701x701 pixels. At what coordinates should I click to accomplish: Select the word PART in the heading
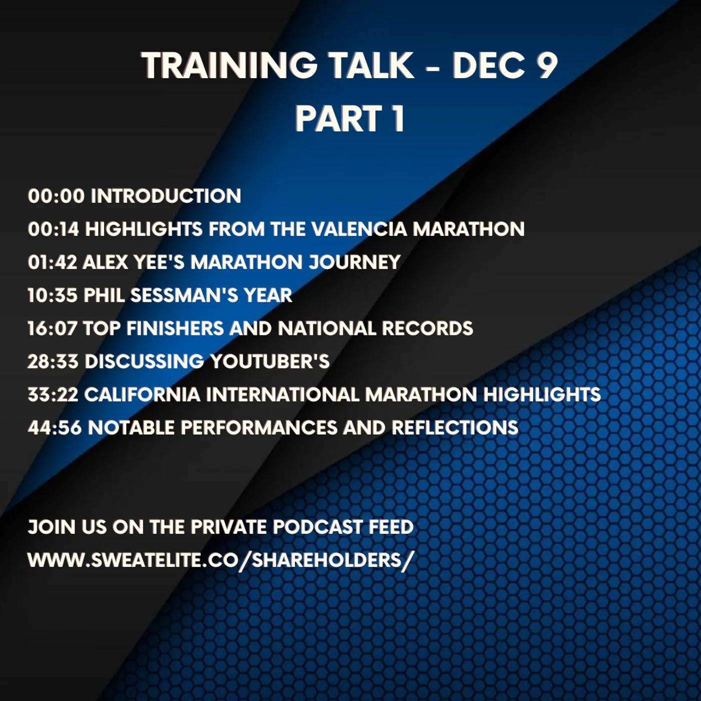tap(338, 119)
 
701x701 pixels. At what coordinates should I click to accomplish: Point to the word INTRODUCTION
tap(166, 196)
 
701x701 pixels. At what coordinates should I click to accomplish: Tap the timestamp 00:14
tap(54, 229)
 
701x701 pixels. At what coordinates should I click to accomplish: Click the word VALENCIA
tap(360, 229)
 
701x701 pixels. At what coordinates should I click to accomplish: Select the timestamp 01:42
tap(53, 262)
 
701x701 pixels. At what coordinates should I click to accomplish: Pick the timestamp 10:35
tap(53, 295)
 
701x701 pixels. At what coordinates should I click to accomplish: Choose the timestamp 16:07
tap(53, 328)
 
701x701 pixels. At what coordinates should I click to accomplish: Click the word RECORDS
tap(427, 328)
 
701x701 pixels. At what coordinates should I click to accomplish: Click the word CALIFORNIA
tap(142, 394)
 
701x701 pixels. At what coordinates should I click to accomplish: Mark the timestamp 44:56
tap(55, 427)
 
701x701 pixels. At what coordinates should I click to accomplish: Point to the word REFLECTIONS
tap(455, 427)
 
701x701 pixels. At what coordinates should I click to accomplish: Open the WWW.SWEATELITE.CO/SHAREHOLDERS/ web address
tap(221, 560)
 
